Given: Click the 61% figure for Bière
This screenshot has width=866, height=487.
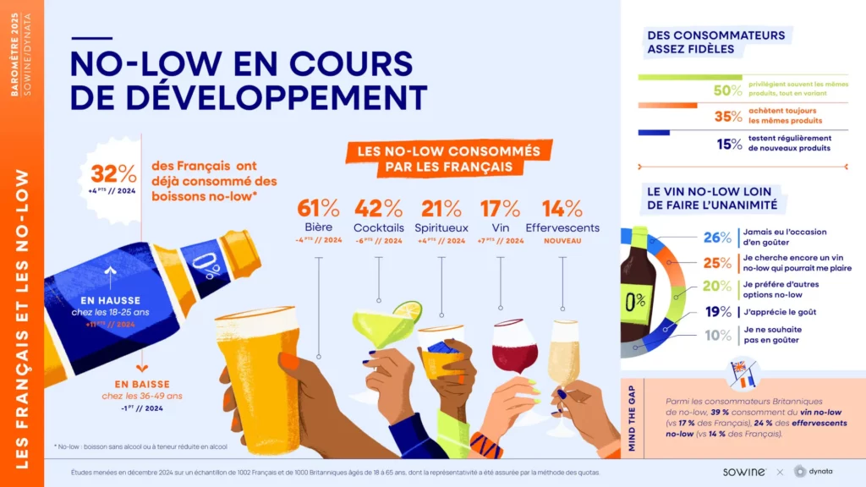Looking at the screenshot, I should click(x=318, y=208).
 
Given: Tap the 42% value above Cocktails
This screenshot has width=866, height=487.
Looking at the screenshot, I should click(x=378, y=208).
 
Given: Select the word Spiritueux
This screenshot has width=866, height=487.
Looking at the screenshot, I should click(x=441, y=227).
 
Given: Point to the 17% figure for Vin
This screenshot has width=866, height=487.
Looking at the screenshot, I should click(x=501, y=208).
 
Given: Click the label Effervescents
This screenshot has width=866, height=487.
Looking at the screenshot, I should click(x=562, y=227).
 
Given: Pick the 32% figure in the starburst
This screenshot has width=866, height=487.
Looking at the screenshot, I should click(x=113, y=175).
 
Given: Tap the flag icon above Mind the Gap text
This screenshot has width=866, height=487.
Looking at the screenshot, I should click(x=743, y=373).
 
